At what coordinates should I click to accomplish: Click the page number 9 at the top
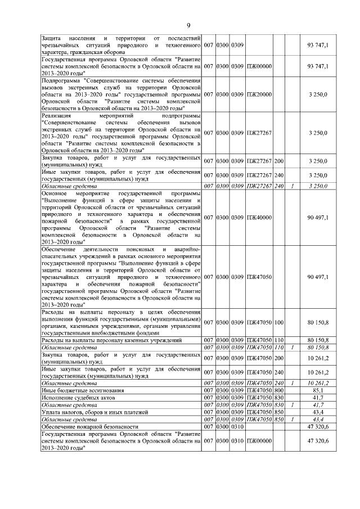(x=188, y=25)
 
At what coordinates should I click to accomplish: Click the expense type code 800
(x=278, y=390)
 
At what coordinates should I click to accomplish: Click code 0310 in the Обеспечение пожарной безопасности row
(x=236, y=427)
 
